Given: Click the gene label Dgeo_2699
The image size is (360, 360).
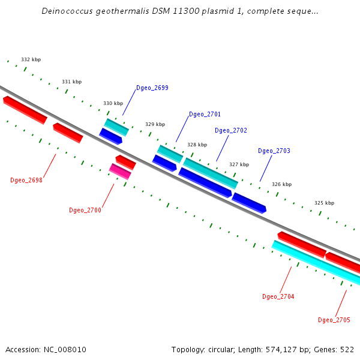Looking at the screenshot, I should pyautogui.click(x=152, y=88).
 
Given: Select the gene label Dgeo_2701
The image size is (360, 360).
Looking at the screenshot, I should pyautogui.click(x=205, y=115).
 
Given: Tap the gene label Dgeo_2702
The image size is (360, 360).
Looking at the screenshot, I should pyautogui.click(x=231, y=131).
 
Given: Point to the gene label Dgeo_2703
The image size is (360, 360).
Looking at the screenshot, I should pyautogui.click(x=274, y=151).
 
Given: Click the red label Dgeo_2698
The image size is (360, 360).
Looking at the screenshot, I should pyautogui.click(x=26, y=180).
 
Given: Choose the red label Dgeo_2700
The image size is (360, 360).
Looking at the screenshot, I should pyautogui.click(x=85, y=211).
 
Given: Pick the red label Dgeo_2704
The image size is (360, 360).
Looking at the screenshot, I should pyautogui.click(x=278, y=297).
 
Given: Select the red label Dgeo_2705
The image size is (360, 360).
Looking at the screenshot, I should pyautogui.click(x=334, y=320).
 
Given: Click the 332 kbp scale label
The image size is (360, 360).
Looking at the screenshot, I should pyautogui.click(x=31, y=60).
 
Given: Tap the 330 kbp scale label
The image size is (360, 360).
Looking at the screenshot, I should pyautogui.click(x=113, y=104).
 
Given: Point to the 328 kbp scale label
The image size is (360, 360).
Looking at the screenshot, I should pyautogui.click(x=197, y=145).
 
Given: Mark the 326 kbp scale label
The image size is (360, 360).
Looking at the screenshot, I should pyautogui.click(x=281, y=185).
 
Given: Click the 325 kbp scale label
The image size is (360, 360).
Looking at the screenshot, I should pyautogui.click(x=324, y=203).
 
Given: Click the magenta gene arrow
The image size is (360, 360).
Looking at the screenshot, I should pyautogui.click(x=120, y=172).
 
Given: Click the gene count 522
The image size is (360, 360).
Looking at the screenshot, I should pyautogui.click(x=347, y=350).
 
